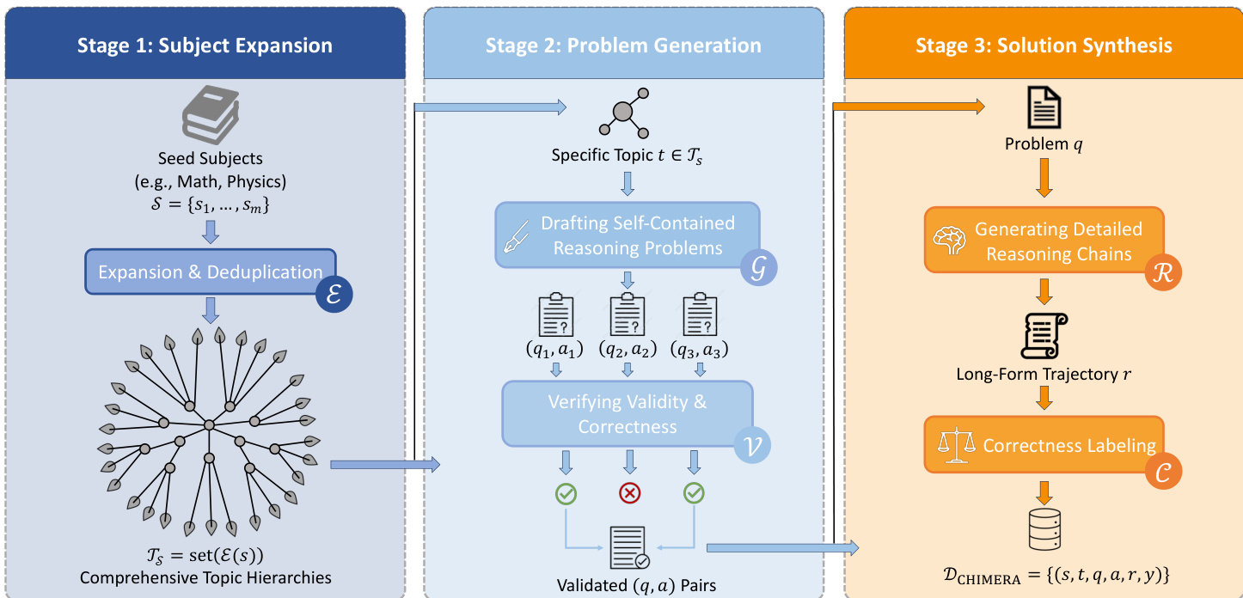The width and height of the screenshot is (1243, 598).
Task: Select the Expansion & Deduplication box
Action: (x=210, y=272)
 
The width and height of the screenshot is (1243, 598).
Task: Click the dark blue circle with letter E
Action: (x=334, y=293)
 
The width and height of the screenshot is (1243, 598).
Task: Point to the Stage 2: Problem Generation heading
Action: (x=623, y=45)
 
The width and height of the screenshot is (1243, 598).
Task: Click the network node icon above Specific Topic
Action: (x=623, y=113)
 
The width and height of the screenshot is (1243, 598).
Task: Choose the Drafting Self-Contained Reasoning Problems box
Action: (x=628, y=235)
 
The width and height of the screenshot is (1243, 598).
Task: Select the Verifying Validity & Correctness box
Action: (x=627, y=413)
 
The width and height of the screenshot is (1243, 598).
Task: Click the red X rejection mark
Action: (x=630, y=493)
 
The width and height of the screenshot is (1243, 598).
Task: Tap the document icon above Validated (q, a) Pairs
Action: (x=629, y=546)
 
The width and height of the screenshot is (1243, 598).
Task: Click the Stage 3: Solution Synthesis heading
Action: (x=1044, y=45)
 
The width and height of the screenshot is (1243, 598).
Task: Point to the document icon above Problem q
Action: (x=1044, y=109)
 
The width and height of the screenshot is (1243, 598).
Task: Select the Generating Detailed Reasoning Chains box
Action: (x=1044, y=241)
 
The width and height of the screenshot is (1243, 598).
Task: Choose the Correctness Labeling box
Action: (x=1044, y=445)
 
